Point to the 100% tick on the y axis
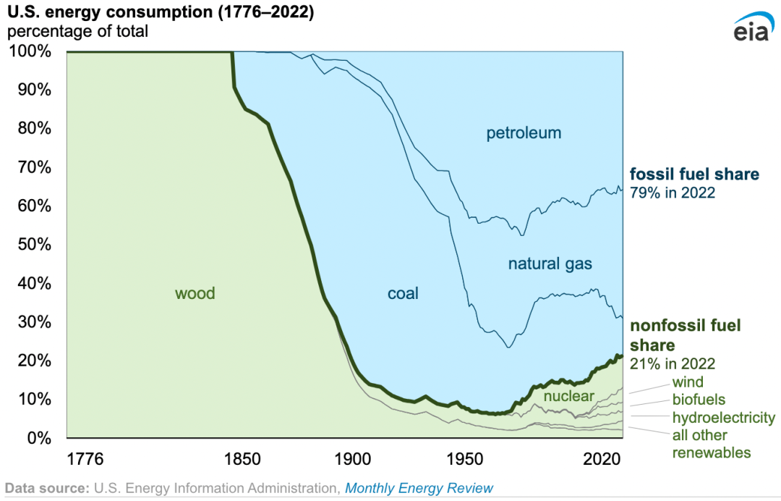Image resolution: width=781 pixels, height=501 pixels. pos(30,52)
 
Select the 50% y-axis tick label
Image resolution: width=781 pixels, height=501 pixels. pos(33,245)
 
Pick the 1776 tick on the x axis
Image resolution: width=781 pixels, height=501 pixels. pos(85,459)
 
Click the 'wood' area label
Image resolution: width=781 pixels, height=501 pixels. pos(195,293)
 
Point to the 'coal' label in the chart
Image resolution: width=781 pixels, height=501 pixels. pos(403,293)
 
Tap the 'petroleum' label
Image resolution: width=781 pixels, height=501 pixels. pos(524,133)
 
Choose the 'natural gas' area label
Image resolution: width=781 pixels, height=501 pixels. pos(550,264)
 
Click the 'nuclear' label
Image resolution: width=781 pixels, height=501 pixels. pos(568,396)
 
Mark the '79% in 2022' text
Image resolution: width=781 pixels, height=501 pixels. pos(673,193)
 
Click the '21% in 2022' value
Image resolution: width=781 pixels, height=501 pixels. pos(673,363)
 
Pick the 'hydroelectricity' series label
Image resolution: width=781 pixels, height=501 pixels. pos(723,418)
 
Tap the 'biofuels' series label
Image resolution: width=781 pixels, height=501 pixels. pos(699,400)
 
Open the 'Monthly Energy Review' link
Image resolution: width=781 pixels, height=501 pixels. pos(419,488)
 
